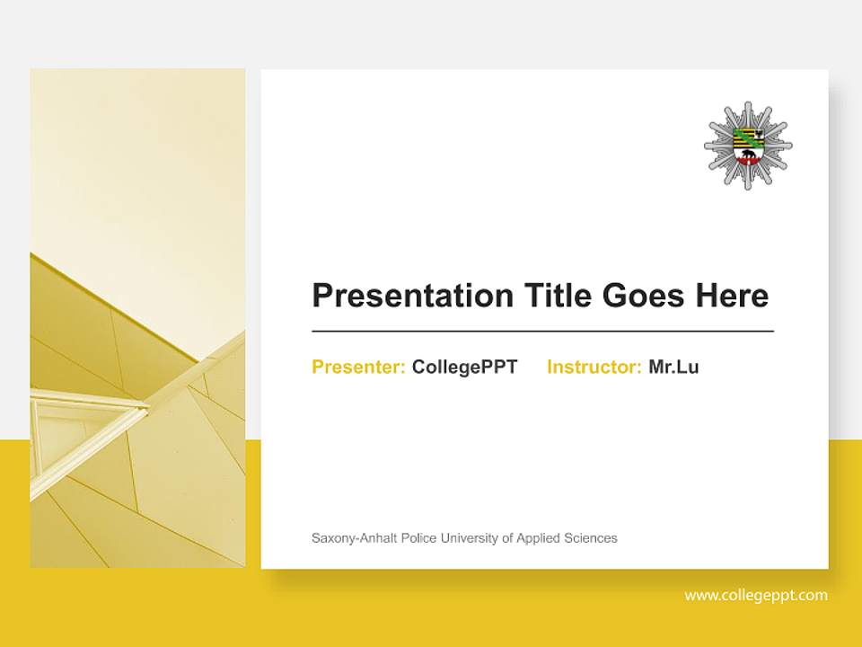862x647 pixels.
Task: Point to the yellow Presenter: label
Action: pos(358,367)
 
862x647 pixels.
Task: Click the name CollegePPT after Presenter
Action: pos(464,367)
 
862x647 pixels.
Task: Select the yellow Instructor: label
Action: pos(594,367)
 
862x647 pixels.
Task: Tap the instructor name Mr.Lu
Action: pos(673,367)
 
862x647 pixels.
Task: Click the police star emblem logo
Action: pos(748,146)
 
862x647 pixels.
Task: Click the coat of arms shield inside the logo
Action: pos(748,147)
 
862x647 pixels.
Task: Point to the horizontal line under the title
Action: pos(542,332)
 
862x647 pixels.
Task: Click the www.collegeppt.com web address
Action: pos(756,595)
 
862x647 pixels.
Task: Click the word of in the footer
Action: pos(507,538)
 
